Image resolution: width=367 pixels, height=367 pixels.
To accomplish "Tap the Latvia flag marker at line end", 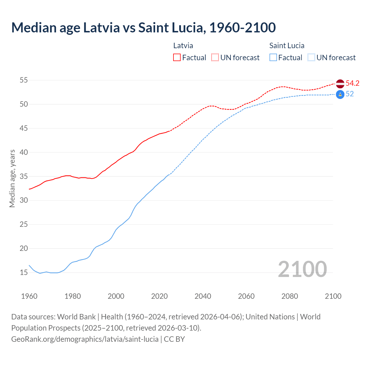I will coord(340,84).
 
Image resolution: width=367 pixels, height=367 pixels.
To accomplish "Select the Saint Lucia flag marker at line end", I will coord(340,94).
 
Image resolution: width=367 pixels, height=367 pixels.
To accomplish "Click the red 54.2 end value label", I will coord(352,83).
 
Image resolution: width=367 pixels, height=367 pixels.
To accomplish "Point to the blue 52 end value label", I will coord(350,94).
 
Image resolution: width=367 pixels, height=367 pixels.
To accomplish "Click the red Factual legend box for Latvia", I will coord(177,58).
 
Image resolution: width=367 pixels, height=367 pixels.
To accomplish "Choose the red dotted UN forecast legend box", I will coord(215,58).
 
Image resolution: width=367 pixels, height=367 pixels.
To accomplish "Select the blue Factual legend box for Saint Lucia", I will coord(273,58).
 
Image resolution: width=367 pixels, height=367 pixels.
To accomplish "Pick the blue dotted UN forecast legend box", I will coord(311,58).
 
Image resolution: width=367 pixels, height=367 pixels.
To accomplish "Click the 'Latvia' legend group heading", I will coord(183,46).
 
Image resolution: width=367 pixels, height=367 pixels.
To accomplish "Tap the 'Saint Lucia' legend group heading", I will coord(287,46).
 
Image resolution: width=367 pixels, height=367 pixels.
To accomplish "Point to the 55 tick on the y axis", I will coord(24,80).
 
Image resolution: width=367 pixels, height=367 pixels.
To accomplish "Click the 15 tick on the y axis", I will coord(24,272).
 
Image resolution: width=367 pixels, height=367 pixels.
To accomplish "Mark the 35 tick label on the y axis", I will coord(24,176).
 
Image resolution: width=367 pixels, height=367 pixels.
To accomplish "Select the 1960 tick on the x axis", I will coord(29,296).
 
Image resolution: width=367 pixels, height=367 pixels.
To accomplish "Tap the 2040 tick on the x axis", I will coord(203,296).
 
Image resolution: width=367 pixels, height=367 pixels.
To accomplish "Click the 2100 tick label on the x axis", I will coord(333,296).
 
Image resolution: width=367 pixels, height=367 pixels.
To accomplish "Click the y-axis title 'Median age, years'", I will coord(12,178).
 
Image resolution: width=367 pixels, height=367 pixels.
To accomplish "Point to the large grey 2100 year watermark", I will coord(302,269).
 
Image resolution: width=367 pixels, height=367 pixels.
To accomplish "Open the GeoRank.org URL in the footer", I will coord(85,339).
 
